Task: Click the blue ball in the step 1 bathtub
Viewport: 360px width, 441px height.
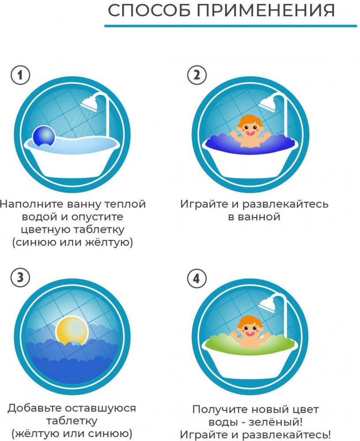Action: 44,136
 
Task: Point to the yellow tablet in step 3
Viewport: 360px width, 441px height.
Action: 72,331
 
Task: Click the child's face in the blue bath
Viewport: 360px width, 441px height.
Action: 250,128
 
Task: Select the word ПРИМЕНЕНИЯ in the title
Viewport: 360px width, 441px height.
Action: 266,11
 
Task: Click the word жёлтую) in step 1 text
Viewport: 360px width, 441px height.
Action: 113,242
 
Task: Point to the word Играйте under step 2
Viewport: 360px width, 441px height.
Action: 205,204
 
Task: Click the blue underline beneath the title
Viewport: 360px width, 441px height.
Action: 231,26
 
